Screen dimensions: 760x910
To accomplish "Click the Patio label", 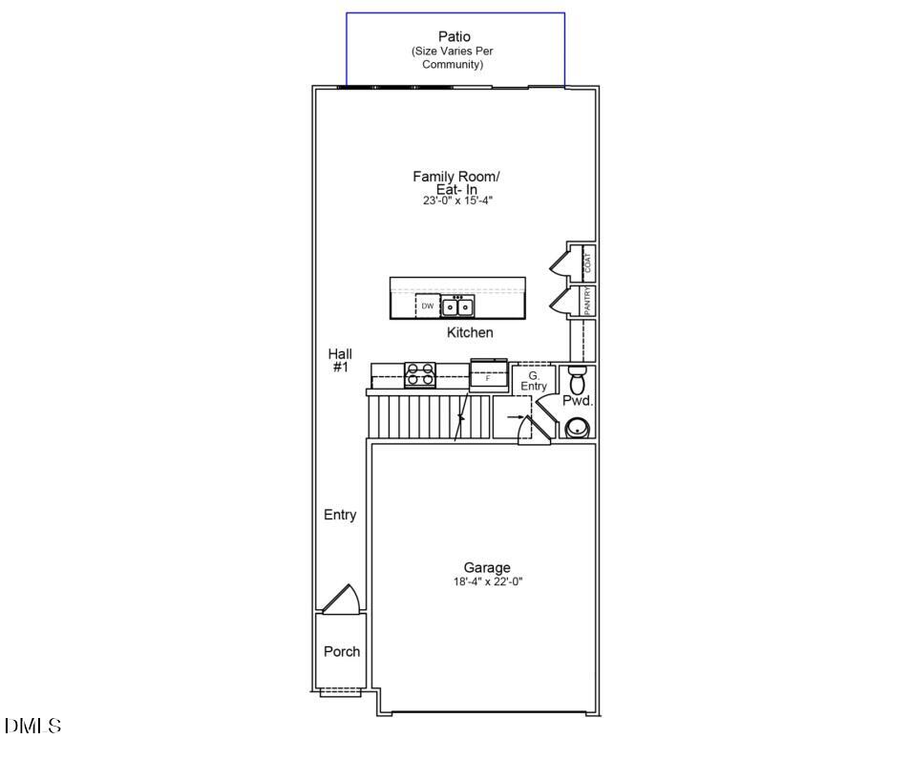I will [x=455, y=37].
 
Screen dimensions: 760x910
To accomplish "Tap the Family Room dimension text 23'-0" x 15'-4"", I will [x=456, y=201].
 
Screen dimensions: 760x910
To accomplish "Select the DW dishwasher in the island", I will [x=428, y=306].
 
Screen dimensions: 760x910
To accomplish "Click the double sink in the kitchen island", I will [x=456, y=306].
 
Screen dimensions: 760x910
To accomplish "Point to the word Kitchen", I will [x=470, y=333].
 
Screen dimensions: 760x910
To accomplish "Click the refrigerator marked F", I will [x=489, y=376].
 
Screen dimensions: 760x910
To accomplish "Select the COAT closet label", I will [x=587, y=261].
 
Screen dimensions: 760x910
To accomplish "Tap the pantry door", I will [x=558, y=302].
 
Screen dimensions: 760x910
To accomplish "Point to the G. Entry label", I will [x=533, y=381].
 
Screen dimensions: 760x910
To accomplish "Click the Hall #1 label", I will [x=340, y=360].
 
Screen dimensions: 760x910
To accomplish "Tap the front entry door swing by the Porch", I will [x=341, y=600].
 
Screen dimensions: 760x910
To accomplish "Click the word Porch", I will [x=342, y=652].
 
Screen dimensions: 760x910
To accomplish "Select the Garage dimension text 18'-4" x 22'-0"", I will [x=487, y=581].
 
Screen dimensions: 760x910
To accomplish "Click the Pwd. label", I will [x=577, y=402].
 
